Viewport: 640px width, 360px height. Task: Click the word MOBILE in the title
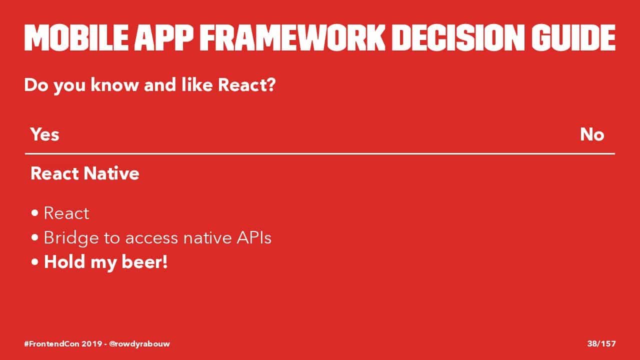[76, 37]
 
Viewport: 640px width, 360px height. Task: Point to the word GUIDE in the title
[573, 37]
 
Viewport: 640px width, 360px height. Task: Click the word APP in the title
[164, 37]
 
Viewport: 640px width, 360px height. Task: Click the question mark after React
[270, 84]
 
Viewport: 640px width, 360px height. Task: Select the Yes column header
[45, 134]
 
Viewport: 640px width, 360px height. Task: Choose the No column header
[592, 134]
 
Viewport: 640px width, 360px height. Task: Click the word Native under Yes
[111, 173]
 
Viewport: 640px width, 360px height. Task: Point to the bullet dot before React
[35, 213]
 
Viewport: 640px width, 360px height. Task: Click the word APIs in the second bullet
[254, 237]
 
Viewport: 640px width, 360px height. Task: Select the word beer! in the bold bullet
[144, 262]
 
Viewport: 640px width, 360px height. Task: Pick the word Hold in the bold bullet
[64, 261]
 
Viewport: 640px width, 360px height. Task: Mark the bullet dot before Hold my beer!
[35, 262]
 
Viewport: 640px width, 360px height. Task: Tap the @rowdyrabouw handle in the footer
[139, 343]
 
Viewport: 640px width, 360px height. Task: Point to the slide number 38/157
[601, 343]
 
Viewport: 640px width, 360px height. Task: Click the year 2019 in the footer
[92, 343]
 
